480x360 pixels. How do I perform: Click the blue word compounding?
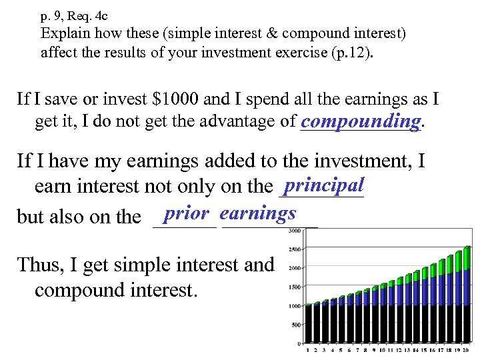(361, 121)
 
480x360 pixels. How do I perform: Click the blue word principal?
(323, 185)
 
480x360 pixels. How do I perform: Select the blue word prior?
(187, 213)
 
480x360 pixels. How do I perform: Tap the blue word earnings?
(257, 213)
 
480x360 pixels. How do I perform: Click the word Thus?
(40, 265)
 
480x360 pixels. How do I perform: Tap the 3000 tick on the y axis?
(293, 231)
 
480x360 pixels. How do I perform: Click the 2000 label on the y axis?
(293, 268)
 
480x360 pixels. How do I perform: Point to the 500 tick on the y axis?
(295, 325)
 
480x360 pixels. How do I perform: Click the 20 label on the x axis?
(467, 350)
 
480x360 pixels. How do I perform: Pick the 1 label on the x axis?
(308, 350)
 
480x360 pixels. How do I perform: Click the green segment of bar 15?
(424, 270)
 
